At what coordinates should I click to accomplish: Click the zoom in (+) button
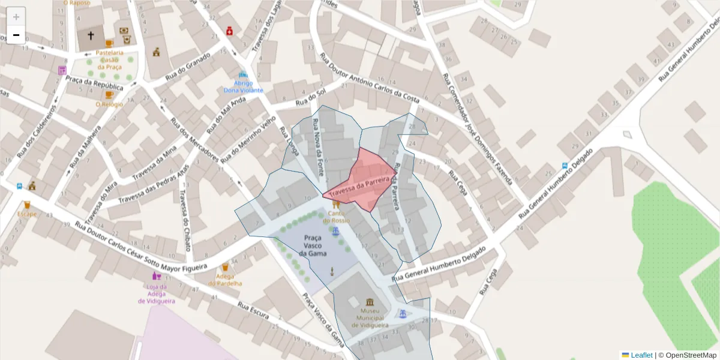tap(16, 17)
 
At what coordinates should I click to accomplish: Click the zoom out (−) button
tap(16, 35)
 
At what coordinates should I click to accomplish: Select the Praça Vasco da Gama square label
tap(313, 245)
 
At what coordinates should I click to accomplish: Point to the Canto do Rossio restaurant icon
tap(335, 204)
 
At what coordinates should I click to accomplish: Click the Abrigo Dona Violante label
tap(243, 86)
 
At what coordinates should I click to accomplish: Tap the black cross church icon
tap(91, 36)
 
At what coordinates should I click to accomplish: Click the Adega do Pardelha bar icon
tap(226, 268)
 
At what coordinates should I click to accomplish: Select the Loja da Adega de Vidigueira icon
tap(157, 276)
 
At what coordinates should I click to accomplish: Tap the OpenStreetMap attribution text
tap(688, 355)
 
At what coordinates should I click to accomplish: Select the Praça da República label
tap(94, 83)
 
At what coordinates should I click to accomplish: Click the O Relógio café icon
tap(109, 95)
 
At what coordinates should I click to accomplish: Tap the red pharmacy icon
tap(229, 31)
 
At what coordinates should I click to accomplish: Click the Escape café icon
tap(26, 205)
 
